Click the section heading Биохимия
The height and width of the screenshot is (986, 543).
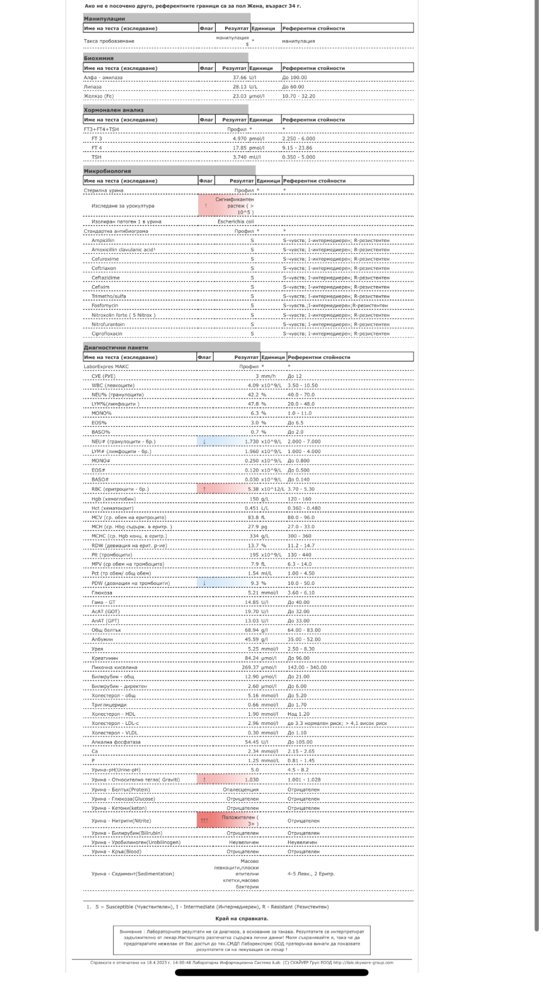[99, 58]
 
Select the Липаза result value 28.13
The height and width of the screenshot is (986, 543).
[239, 87]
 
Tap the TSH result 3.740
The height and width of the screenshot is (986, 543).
[239, 157]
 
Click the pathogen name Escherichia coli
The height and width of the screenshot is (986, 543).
[235, 221]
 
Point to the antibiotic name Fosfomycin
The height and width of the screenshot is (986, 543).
[105, 305]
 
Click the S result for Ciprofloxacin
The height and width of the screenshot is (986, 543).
[252, 333]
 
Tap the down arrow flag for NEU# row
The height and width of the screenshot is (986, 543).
[204, 442]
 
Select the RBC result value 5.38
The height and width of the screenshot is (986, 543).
[253, 489]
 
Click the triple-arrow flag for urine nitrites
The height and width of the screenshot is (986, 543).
[204, 821]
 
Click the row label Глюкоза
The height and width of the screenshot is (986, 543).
[102, 593]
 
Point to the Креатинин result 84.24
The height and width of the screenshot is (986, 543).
[251, 658]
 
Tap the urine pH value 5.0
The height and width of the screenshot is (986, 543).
[255, 770]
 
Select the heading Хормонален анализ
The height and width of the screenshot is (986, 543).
[114, 110]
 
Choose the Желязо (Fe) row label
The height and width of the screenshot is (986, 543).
[99, 96]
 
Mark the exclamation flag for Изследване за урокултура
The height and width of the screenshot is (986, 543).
[205, 205]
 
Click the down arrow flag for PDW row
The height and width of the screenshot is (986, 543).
[204, 583]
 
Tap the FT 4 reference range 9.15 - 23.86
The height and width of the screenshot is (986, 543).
[297, 147]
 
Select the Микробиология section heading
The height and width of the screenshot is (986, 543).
[107, 171]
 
